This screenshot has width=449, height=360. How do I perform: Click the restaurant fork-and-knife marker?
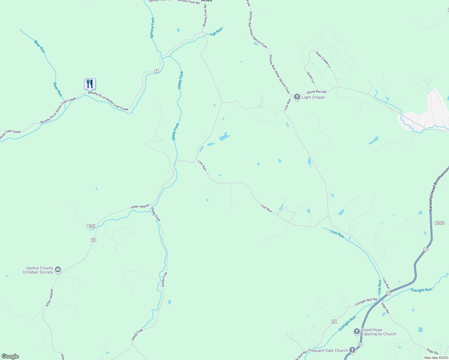point(90,84)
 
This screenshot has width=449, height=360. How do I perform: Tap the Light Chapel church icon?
point(297,97)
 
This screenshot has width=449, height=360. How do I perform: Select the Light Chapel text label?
point(313,97)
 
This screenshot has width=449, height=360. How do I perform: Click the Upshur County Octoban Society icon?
point(58,270)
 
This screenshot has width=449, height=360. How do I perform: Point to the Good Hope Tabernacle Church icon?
point(357,331)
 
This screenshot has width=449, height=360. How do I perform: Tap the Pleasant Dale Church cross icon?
point(352,350)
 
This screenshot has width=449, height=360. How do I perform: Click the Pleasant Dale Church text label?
point(328,350)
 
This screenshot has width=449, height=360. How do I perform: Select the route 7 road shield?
point(156,71)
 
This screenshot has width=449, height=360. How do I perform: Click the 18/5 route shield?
point(91,226)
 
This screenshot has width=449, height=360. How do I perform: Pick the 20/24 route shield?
point(440,223)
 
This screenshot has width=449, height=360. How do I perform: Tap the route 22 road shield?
point(334,322)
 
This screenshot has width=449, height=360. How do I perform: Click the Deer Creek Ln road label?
point(323,59)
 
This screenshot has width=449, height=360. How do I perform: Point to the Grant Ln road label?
point(311,77)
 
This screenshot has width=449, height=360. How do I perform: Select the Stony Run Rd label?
point(316,92)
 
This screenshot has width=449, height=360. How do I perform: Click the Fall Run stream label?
point(216,32)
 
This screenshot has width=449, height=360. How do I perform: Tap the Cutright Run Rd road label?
point(366,302)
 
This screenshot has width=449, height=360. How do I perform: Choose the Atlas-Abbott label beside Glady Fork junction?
point(140,207)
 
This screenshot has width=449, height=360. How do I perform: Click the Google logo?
point(10,356)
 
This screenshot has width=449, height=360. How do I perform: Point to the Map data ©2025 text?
point(436,358)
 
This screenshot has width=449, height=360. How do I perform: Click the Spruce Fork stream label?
point(152,28)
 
